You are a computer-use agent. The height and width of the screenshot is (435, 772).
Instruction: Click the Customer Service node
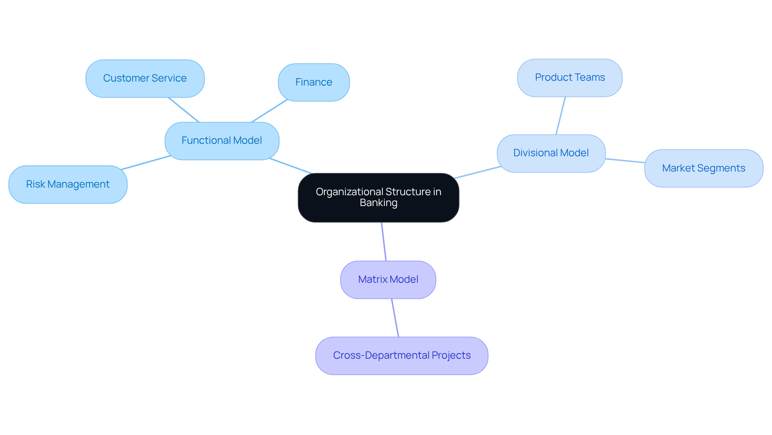(145, 78)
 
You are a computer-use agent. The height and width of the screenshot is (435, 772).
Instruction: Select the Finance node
(314, 82)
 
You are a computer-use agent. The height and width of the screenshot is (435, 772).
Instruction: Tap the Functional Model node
(222, 141)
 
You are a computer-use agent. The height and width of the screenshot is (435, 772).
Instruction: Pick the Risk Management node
(68, 184)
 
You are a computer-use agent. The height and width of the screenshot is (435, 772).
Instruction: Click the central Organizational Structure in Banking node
(378, 197)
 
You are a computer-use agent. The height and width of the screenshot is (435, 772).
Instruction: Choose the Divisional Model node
(551, 153)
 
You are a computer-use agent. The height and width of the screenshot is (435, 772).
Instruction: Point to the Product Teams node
(570, 78)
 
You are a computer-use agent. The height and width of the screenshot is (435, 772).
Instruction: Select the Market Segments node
(703, 168)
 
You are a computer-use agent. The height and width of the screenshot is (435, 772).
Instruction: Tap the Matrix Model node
(388, 280)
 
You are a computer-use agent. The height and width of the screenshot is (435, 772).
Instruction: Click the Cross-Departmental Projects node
(402, 355)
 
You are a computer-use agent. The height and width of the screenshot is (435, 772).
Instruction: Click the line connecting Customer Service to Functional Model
(183, 110)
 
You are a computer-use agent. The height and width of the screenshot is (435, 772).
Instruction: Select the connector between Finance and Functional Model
(269, 111)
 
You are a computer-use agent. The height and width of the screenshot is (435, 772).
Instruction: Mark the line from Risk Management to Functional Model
(146, 163)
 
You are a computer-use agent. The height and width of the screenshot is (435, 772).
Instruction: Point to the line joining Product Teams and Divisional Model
(561, 116)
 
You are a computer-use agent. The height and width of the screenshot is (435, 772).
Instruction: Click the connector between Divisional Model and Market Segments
(625, 161)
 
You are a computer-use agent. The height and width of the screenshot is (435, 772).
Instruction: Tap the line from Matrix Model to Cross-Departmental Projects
(395, 318)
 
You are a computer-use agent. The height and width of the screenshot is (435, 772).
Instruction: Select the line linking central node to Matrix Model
(384, 241)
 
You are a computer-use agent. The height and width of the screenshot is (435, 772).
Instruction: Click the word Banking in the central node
(378, 203)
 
